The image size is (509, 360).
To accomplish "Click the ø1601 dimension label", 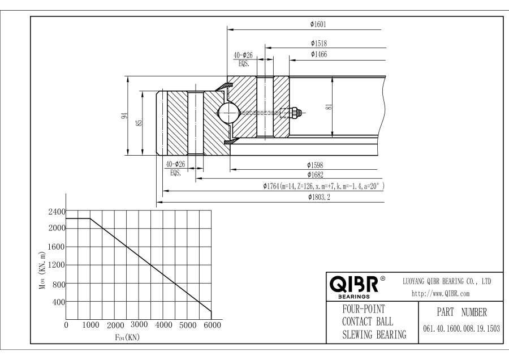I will pyautogui.click(x=318, y=24).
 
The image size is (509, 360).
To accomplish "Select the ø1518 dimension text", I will pyautogui.click(x=319, y=43).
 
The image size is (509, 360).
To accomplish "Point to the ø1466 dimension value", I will pyautogui.click(x=319, y=54).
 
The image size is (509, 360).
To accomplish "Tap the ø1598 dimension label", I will pyautogui.click(x=316, y=165).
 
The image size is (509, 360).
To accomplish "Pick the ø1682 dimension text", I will pyautogui.click(x=316, y=175).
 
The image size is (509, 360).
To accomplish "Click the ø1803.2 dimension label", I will pyautogui.click(x=319, y=197).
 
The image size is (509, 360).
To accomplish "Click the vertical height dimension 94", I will pyautogui.click(x=124, y=115).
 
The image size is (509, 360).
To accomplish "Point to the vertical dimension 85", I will pyautogui.click(x=138, y=121).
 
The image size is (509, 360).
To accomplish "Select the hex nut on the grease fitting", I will pyautogui.click(x=295, y=112).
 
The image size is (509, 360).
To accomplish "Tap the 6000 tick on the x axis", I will pyautogui.click(x=212, y=325).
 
